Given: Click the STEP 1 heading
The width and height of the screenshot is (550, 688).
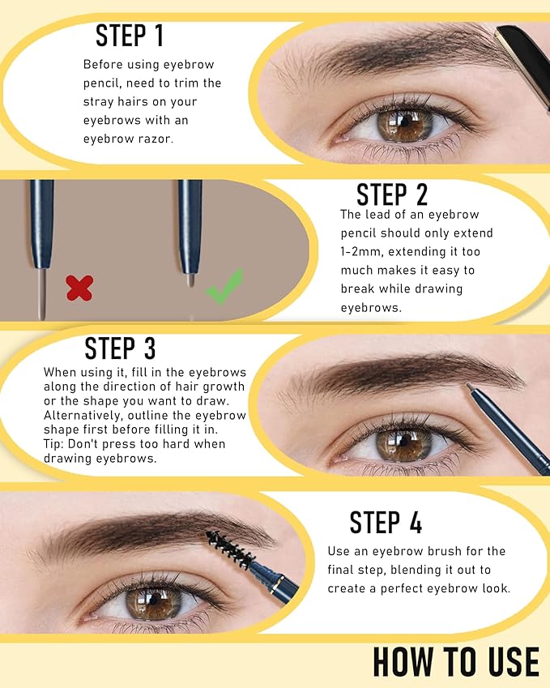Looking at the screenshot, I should (130, 36).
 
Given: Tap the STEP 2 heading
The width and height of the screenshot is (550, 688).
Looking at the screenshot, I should (392, 194).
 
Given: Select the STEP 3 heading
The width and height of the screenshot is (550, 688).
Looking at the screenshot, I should (120, 348).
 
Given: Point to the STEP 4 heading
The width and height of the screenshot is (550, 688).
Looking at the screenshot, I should (386, 523).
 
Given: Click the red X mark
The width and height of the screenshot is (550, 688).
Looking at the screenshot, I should (79, 287).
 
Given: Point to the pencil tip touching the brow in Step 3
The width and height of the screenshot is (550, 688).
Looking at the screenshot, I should (472, 393).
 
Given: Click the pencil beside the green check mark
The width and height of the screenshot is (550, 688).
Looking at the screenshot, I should (190, 235).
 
